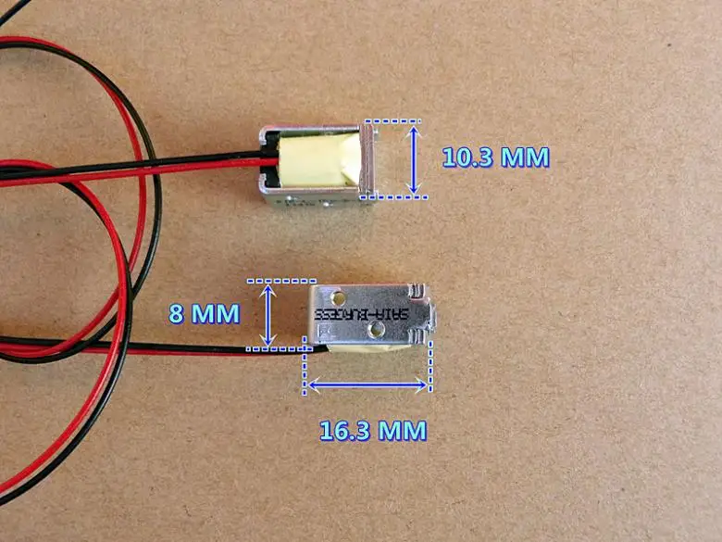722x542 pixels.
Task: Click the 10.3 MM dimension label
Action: pyautogui.click(x=495, y=157)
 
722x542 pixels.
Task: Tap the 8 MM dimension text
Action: pyautogui.click(x=203, y=313)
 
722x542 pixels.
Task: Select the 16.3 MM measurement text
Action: pyautogui.click(x=373, y=430)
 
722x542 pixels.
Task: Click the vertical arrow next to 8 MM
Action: pyautogui.click(x=268, y=314)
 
